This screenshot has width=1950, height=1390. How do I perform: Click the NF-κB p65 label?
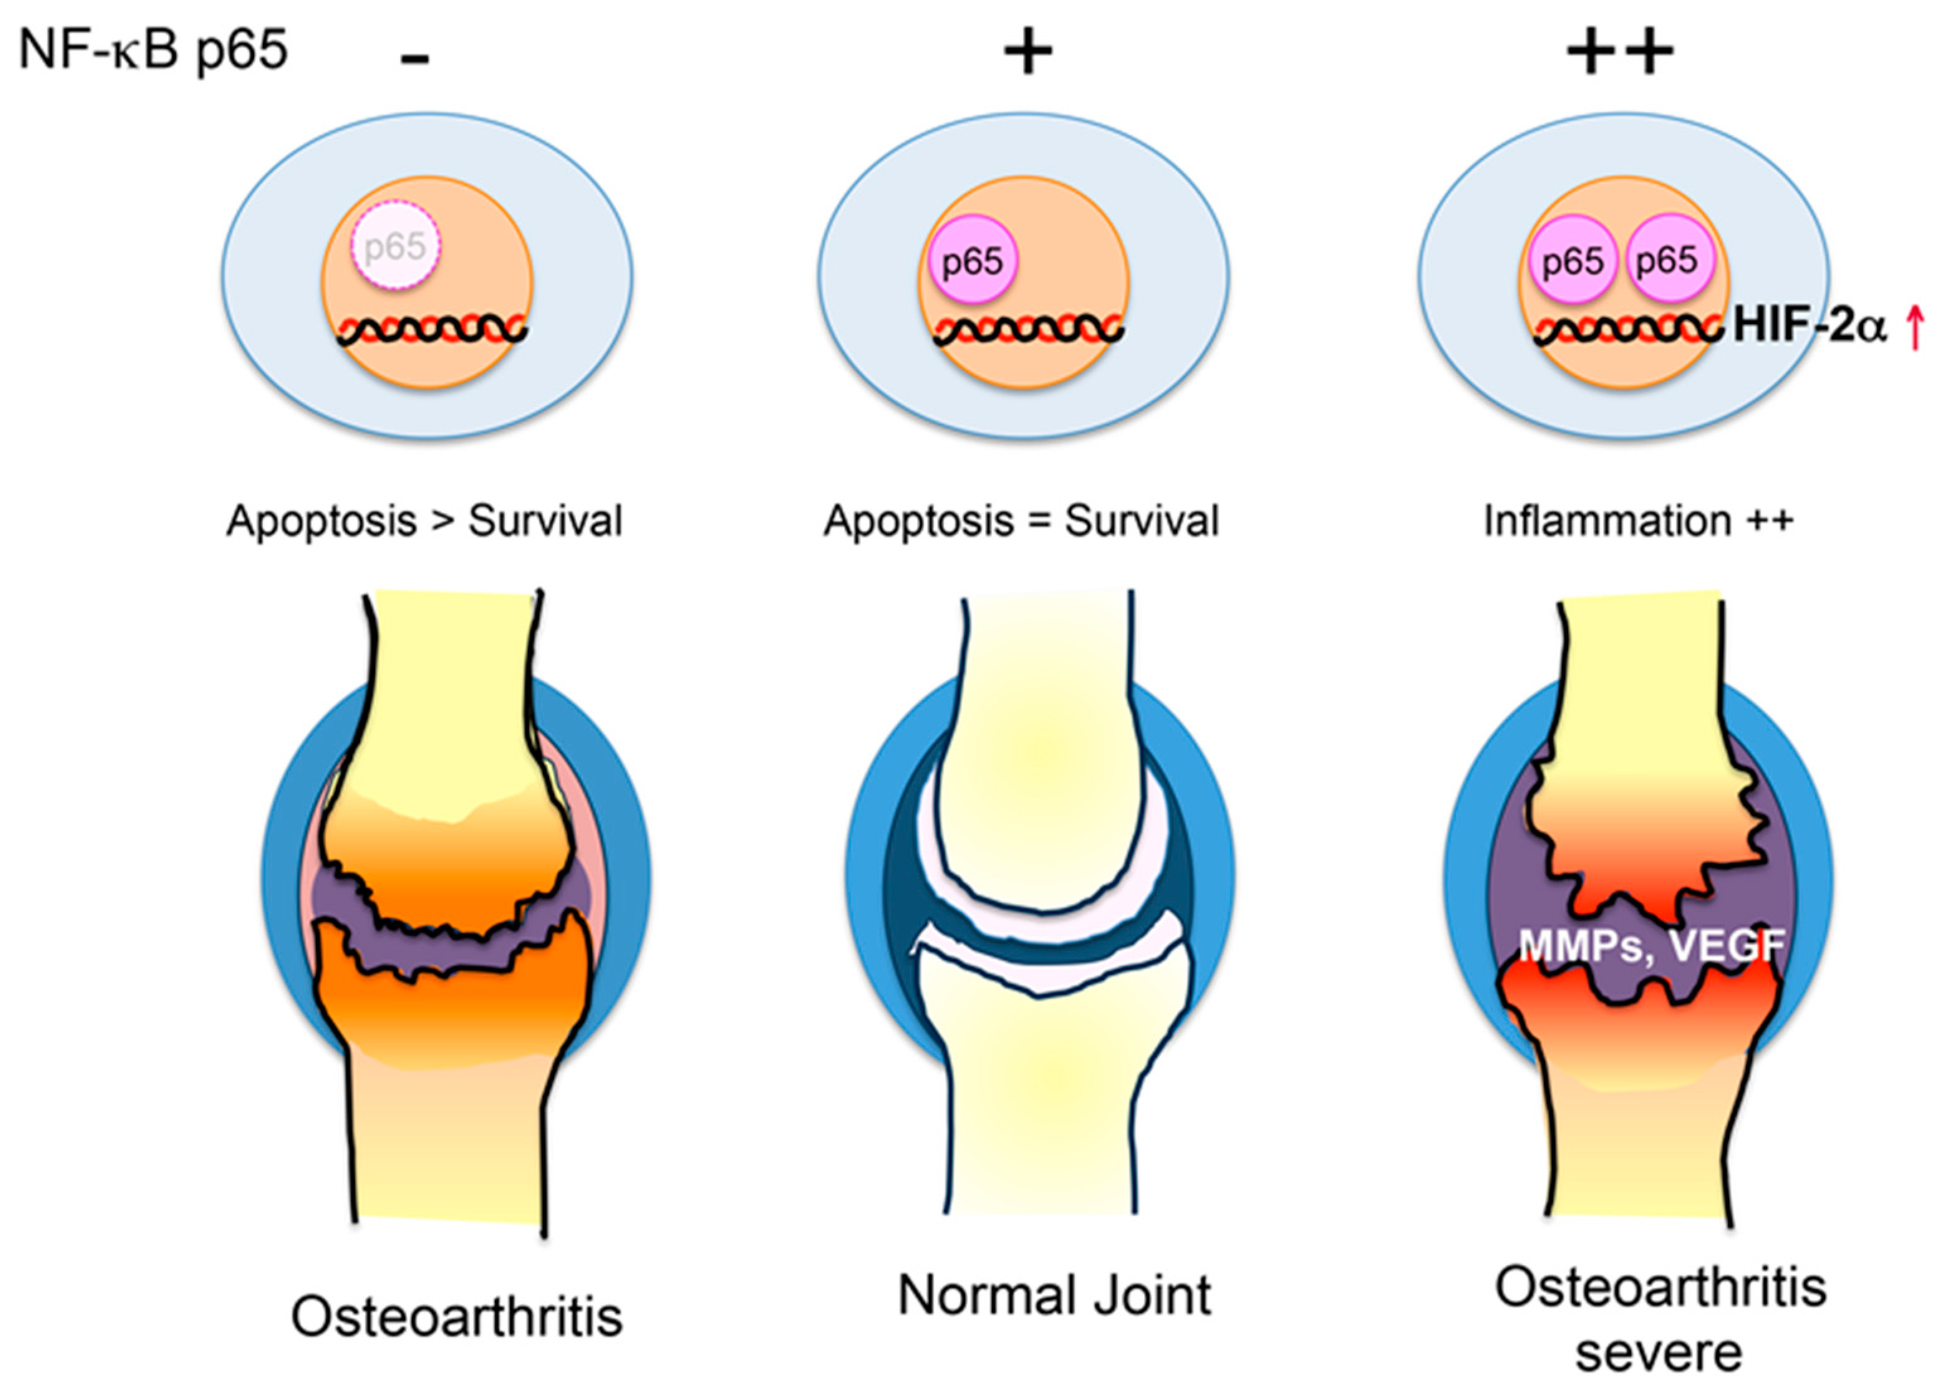click(153, 50)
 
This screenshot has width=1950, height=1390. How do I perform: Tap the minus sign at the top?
click(414, 58)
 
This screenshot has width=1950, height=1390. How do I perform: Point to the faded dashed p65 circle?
click(395, 247)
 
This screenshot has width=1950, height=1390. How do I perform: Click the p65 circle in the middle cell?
click(972, 261)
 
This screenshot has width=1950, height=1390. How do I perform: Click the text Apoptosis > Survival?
click(424, 521)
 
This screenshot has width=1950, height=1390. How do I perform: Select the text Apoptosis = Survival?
click(1021, 521)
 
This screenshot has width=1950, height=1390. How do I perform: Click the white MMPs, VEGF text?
click(1651, 947)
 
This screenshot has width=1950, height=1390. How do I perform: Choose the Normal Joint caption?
click(1054, 1295)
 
